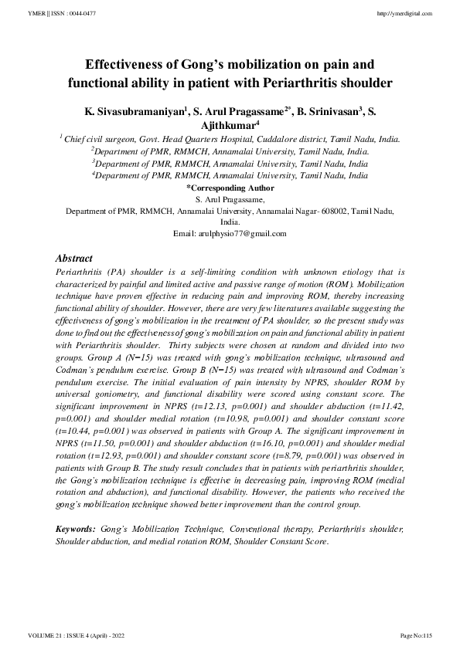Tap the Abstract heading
tap(74, 259)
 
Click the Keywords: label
tap(77, 531)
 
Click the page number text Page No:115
tap(415, 635)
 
